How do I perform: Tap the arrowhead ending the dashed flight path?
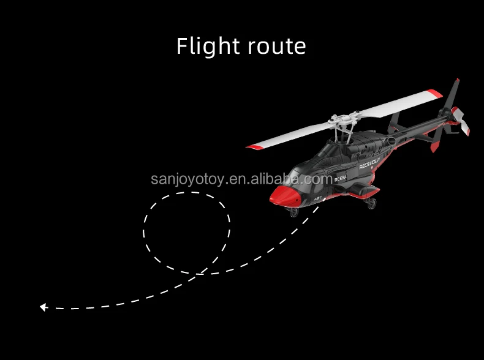tap(43, 307)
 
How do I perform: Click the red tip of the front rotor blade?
tap(252, 147)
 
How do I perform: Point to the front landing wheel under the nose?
tap(293, 212)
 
